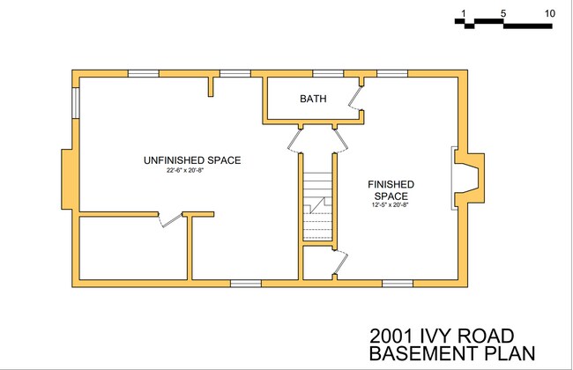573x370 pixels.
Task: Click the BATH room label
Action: (313, 99)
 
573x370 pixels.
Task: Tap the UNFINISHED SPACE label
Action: (192, 160)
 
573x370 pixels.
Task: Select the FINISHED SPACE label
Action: (392, 189)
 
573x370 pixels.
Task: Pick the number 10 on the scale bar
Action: (549, 13)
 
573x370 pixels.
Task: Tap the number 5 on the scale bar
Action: (502, 13)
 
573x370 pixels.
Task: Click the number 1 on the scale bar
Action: (462, 13)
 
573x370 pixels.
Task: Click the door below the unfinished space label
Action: (169, 219)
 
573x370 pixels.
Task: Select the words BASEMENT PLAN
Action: (451, 354)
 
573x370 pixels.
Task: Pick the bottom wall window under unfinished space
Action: (246, 283)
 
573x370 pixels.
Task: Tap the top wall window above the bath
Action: (328, 73)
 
